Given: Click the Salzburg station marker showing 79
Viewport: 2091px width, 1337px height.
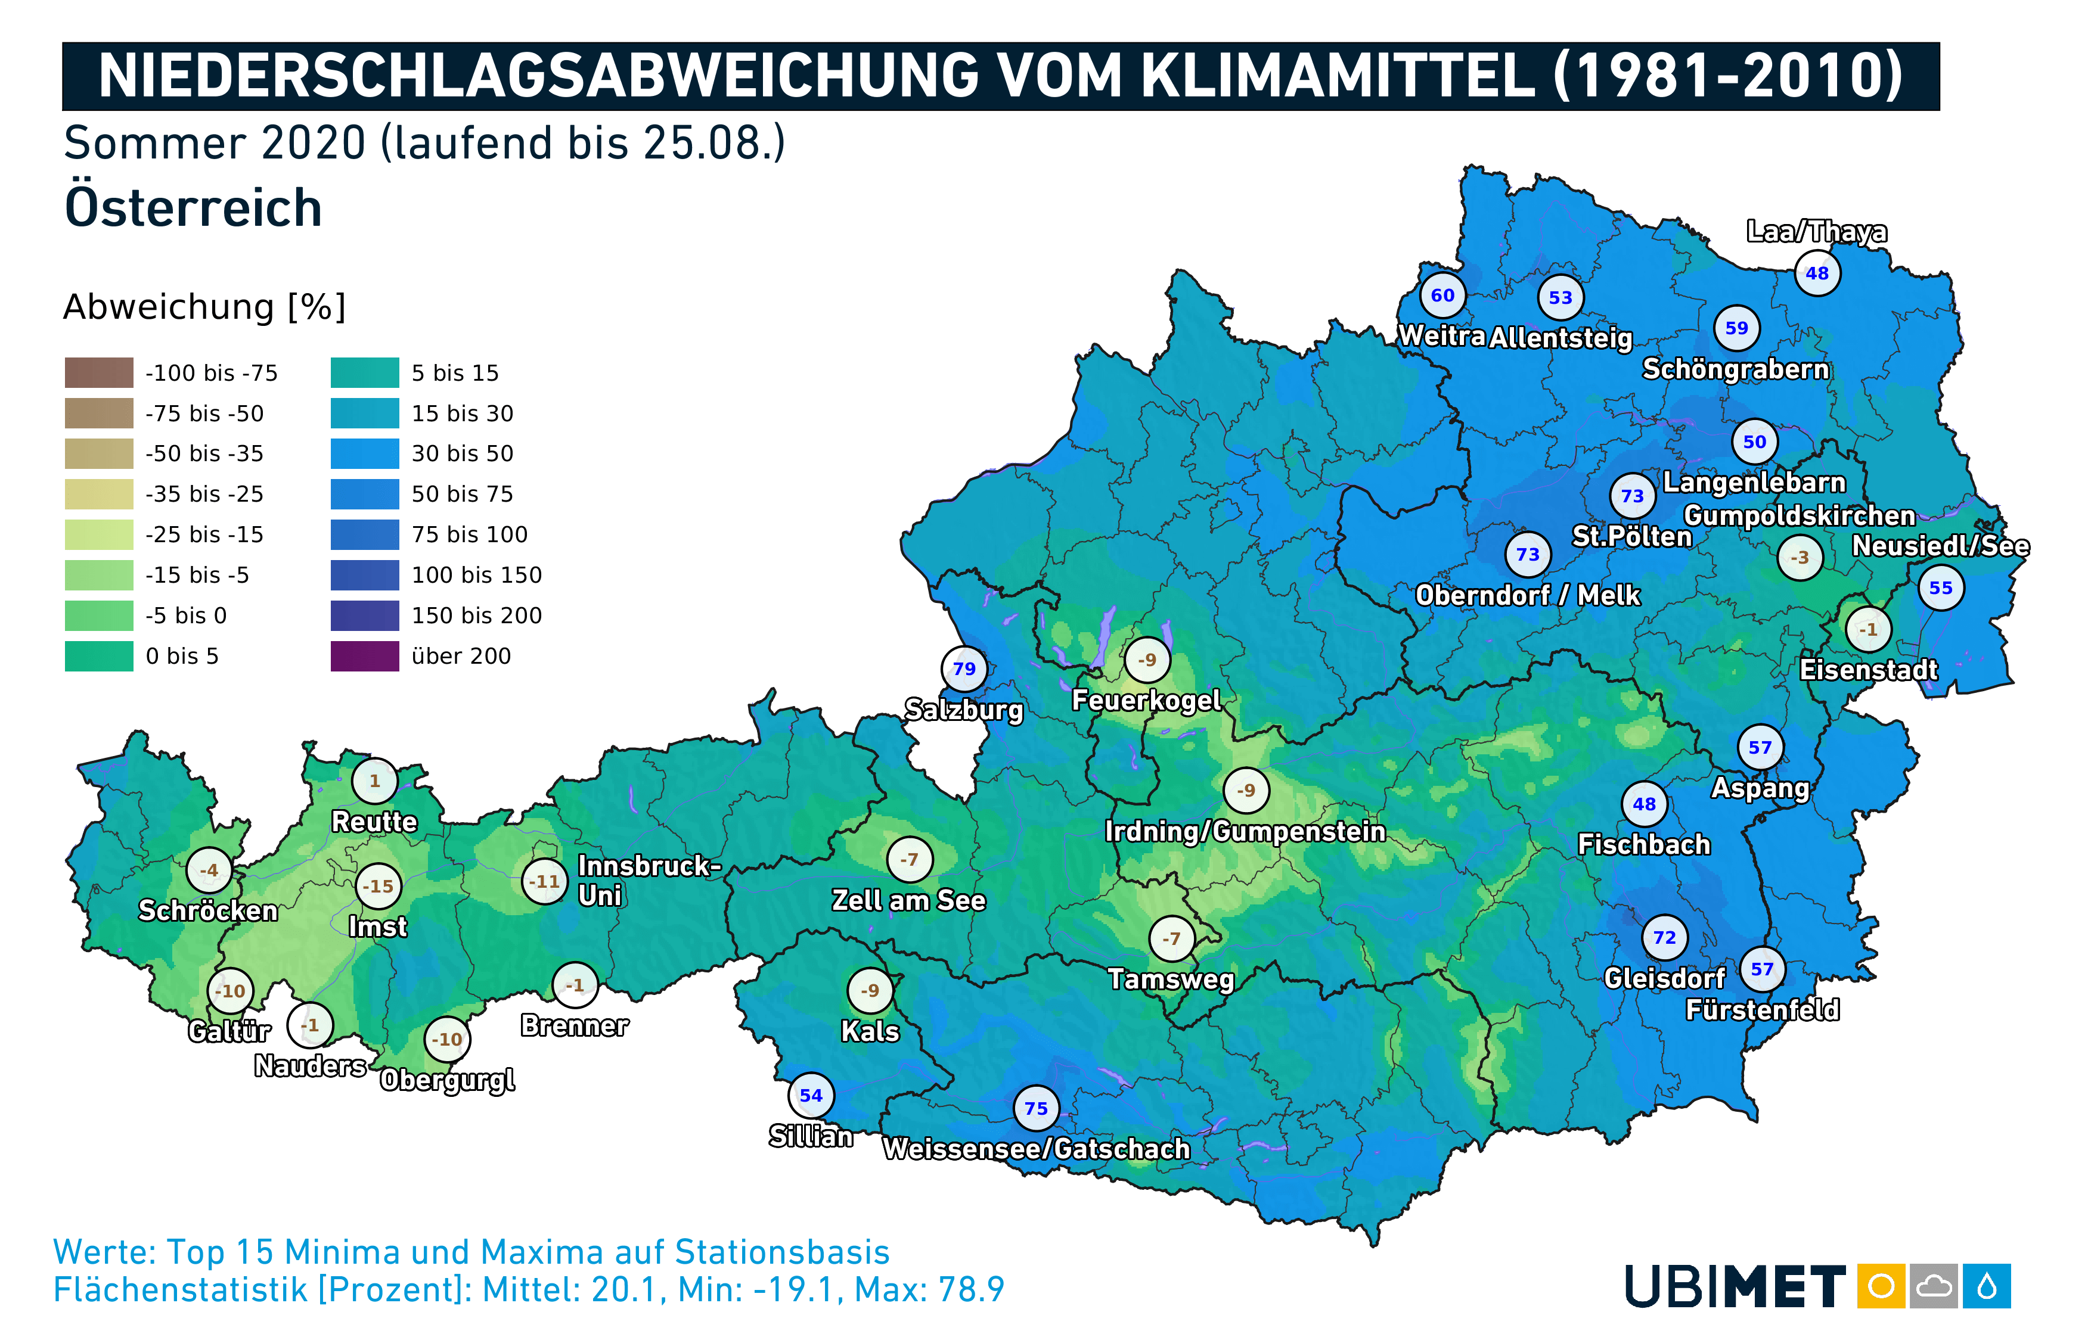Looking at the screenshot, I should (x=964, y=669).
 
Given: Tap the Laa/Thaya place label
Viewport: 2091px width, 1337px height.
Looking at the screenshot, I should (x=1817, y=232).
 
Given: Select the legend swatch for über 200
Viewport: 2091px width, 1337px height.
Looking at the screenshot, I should (x=365, y=657).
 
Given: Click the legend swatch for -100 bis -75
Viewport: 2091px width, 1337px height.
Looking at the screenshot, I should (x=99, y=372).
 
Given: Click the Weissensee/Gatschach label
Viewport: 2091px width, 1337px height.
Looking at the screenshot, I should (x=1036, y=1149).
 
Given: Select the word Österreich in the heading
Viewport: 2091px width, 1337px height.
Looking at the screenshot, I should (x=193, y=209).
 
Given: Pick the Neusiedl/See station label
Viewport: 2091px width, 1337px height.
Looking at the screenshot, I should (x=1941, y=546).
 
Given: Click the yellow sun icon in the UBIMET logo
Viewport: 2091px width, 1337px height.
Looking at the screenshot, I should (x=1881, y=1286).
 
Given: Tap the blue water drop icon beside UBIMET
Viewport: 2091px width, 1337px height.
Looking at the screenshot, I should (x=1987, y=1286).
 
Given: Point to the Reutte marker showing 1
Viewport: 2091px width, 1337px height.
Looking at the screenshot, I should (x=374, y=781).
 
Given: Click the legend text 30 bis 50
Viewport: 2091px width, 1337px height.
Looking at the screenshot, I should (x=462, y=453).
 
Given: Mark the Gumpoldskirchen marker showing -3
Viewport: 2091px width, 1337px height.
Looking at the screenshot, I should (x=1800, y=557).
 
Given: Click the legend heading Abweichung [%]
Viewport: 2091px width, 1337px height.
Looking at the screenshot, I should (x=205, y=306).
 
